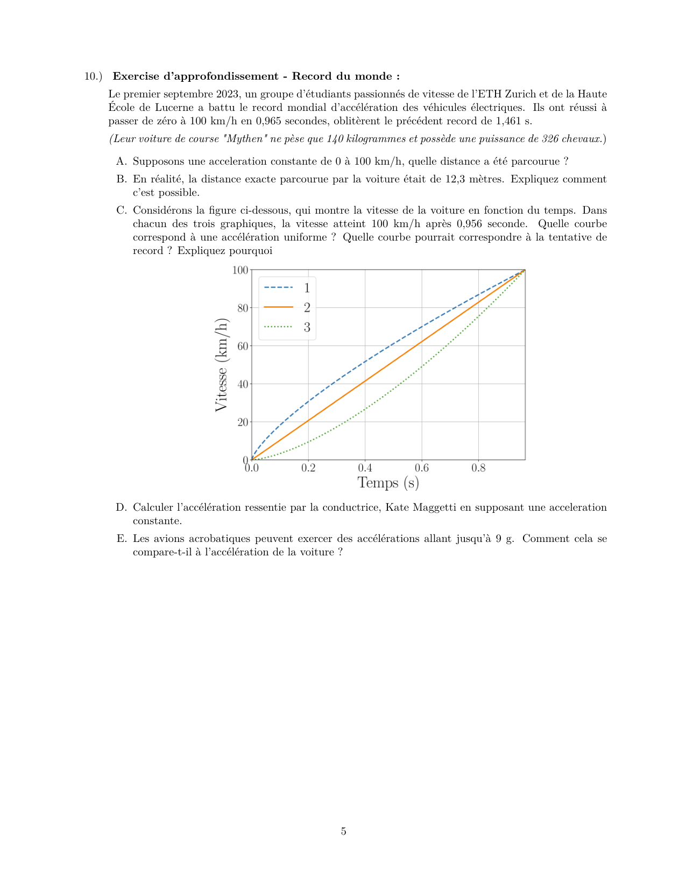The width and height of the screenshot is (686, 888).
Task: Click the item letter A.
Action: [x=122, y=161]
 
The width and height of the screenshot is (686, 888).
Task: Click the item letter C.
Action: [x=122, y=210]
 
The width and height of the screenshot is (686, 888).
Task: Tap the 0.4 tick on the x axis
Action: [x=365, y=468]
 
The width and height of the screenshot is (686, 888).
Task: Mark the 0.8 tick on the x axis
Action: [x=478, y=468]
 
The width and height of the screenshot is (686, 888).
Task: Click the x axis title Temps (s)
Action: [x=388, y=483]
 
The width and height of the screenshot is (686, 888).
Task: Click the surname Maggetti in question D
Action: [x=435, y=508]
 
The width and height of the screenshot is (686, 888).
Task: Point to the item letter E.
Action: [x=122, y=539]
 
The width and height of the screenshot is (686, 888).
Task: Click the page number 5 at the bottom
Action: [x=343, y=831]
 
